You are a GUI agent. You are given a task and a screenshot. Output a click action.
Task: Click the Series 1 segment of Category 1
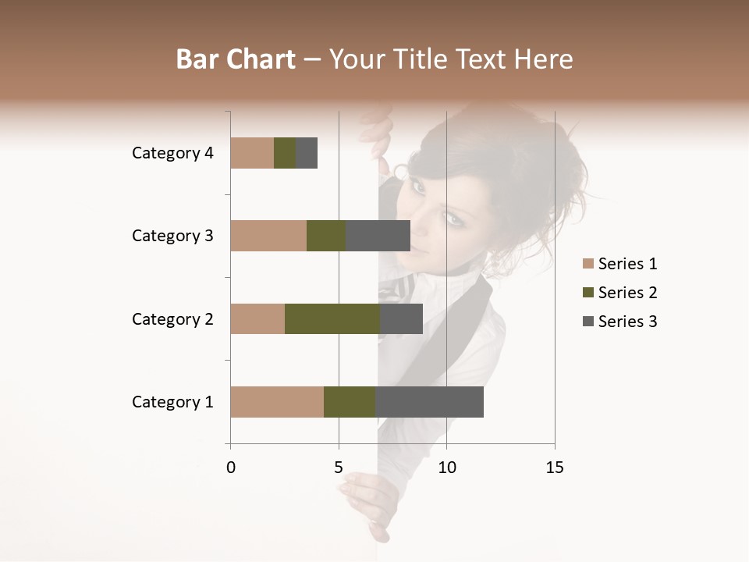pos(277,402)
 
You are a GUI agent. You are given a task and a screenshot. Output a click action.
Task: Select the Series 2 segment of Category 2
pos(332,318)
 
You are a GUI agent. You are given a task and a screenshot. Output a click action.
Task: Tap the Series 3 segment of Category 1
pos(429,402)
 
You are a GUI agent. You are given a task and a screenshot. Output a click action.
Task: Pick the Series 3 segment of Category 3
pos(378,236)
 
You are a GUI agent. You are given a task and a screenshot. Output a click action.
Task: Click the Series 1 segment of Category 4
pos(252,153)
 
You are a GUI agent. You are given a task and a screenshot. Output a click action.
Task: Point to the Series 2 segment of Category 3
pos(326,236)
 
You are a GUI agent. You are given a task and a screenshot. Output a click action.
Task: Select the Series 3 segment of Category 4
pos(307,153)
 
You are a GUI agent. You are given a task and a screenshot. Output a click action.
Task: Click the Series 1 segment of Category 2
pos(257,318)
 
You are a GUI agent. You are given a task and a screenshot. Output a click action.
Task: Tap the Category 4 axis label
pos(172,153)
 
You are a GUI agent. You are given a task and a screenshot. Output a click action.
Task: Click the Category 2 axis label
pos(172,318)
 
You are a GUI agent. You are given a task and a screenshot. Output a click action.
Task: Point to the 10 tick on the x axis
pos(446,468)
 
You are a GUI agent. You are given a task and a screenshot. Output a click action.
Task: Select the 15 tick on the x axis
pos(554,468)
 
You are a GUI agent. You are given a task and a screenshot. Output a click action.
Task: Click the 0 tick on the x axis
pos(231,468)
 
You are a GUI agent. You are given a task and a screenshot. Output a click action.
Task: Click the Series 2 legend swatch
pos(588,293)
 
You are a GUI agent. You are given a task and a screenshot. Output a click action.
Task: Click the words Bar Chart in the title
pos(236,59)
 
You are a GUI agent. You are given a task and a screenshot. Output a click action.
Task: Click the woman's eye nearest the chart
pos(418,187)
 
